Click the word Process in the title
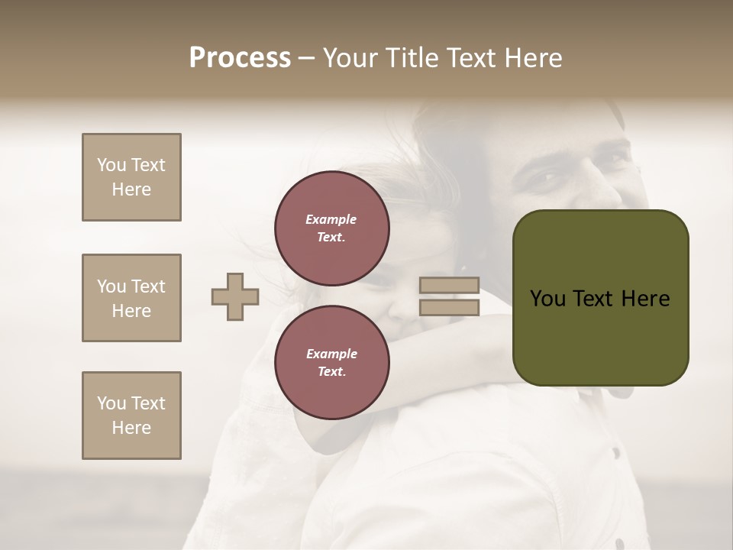240,58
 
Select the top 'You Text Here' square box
131,177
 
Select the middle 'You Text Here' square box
131,298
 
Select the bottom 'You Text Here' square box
131,416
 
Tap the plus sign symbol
235,297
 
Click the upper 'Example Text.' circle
331,228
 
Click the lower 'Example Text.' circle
331,362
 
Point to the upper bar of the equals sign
449,286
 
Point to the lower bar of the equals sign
449,307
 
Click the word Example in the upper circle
331,219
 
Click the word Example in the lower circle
331,354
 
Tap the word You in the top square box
111,165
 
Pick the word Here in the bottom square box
131,428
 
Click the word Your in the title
351,58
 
